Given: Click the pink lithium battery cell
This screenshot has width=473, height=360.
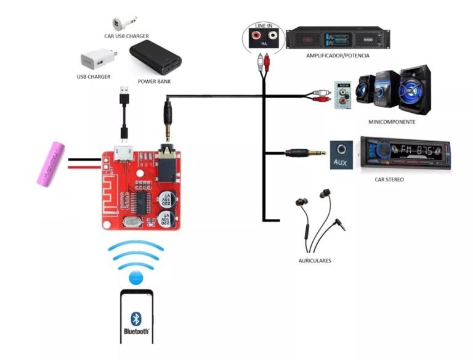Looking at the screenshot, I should pyautogui.click(x=51, y=164).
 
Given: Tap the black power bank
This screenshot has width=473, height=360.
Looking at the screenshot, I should pyautogui.click(x=156, y=58).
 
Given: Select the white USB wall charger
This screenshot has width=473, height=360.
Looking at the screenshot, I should pyautogui.click(x=98, y=60).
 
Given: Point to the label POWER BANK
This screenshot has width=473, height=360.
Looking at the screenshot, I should pyautogui.click(x=155, y=81).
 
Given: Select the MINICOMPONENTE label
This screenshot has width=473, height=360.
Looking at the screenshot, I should pyautogui.click(x=392, y=122).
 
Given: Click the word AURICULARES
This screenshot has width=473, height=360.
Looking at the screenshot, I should pyautogui.click(x=315, y=261).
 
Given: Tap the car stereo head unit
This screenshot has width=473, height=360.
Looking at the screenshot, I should pyautogui.click(x=405, y=154).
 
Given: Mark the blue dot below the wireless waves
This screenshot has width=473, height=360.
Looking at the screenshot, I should pyautogui.click(x=136, y=277).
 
